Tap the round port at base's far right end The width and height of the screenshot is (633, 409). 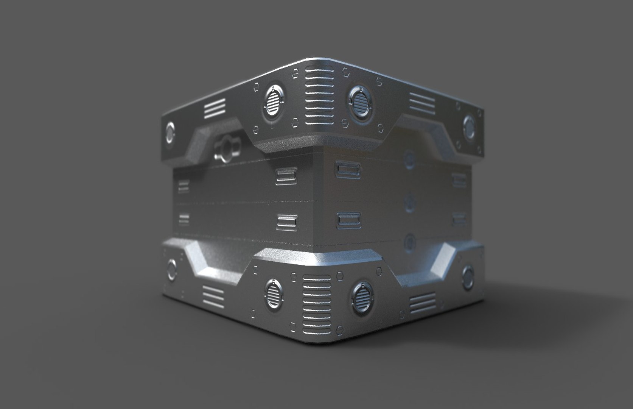click(x=468, y=275)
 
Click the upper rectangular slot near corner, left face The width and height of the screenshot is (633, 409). click(x=286, y=176)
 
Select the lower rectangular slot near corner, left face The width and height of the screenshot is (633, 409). click(x=287, y=221)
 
